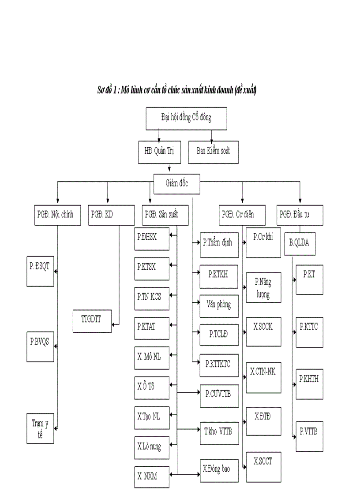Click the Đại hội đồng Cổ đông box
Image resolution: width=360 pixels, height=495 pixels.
click(186, 118)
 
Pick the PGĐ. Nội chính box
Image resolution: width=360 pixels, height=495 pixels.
click(57, 215)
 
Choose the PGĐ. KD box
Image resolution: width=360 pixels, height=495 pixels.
click(111, 215)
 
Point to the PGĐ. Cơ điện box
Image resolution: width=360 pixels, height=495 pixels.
click(243, 215)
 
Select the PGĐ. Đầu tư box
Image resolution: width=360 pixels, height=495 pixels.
click(300, 215)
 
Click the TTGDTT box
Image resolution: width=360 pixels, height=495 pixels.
click(92, 320)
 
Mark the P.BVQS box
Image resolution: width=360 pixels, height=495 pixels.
click(40, 347)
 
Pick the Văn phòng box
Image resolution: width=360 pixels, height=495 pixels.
click(219, 305)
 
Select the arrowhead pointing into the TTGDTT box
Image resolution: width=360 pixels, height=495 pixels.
click(114, 325)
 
